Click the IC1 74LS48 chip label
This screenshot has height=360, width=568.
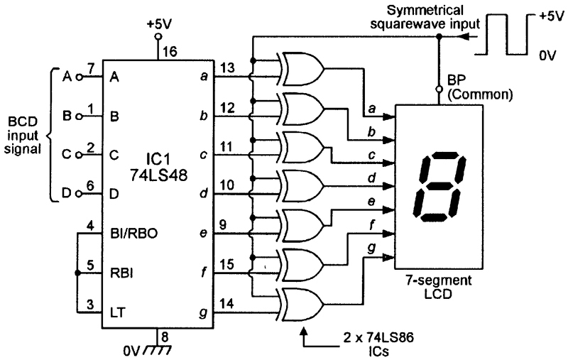tap(159, 167)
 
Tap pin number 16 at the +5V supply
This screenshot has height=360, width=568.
tap(170, 51)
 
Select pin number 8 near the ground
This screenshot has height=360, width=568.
tap(165, 337)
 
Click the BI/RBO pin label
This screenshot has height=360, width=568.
tap(133, 234)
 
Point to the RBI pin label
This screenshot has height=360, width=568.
tap(121, 273)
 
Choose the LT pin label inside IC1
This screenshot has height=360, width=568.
tap(117, 312)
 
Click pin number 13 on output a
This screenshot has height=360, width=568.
tap(227, 67)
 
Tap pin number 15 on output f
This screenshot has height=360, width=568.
tap(226, 264)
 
